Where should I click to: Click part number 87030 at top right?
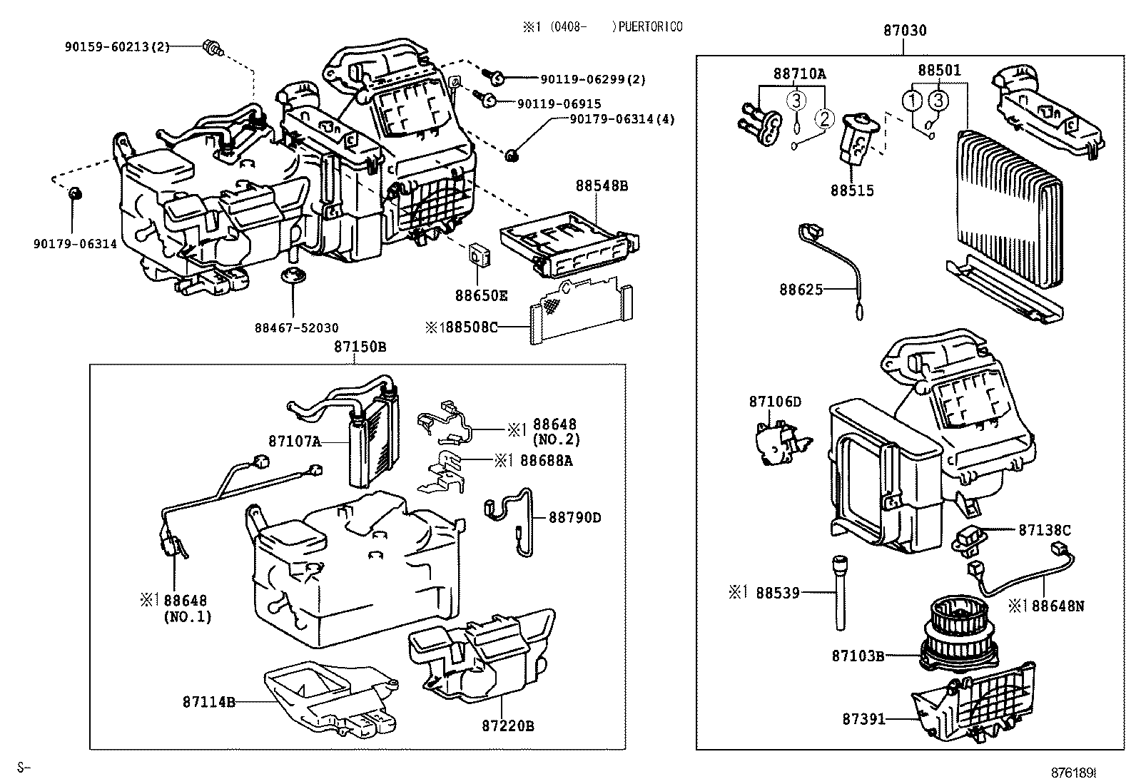click(x=905, y=31)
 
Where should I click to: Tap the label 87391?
click(x=863, y=719)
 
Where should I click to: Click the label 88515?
click(x=851, y=191)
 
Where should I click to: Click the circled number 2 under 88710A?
click(x=824, y=118)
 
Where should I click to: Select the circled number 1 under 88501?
click(x=912, y=101)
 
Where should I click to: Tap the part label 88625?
click(x=801, y=289)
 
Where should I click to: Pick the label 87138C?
click(x=1044, y=530)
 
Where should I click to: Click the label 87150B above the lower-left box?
click(x=360, y=347)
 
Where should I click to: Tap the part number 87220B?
click(x=507, y=726)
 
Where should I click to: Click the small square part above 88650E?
click(x=478, y=253)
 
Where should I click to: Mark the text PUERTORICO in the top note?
click(x=650, y=27)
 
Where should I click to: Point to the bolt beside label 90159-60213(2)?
click(x=213, y=49)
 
